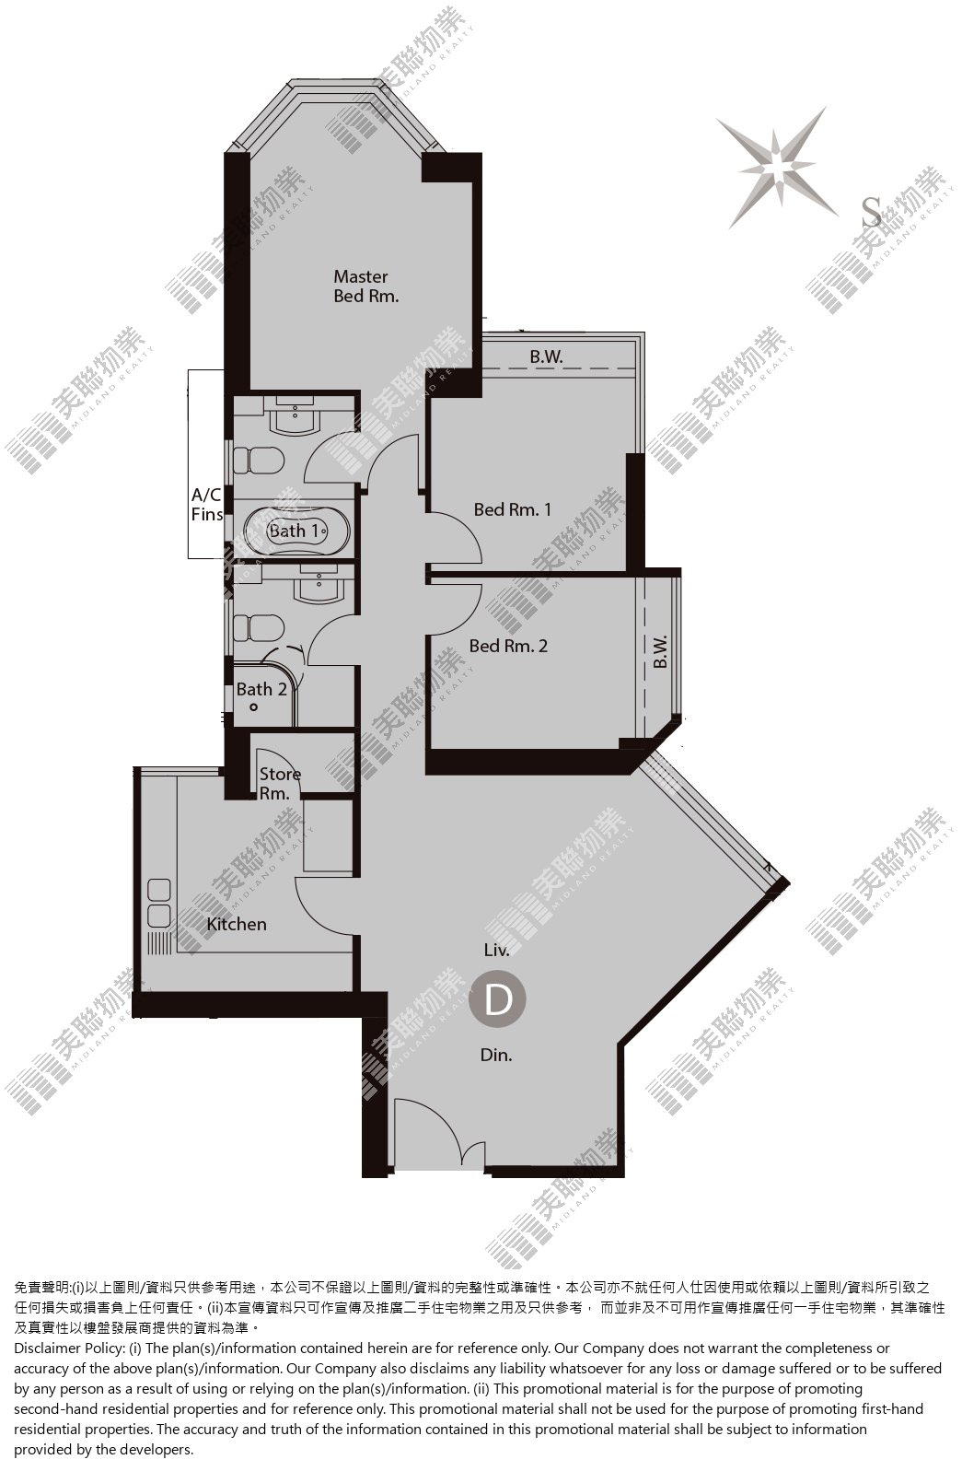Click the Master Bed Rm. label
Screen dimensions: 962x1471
365,286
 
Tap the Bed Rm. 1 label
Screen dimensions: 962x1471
513,509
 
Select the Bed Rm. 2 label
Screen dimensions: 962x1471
508,646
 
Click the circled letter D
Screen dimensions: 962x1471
497,999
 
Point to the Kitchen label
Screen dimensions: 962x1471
237,924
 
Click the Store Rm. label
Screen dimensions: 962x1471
280,784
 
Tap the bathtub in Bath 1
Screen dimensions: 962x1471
296,530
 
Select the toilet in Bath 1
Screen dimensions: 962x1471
259,461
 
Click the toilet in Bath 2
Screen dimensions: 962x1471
259,628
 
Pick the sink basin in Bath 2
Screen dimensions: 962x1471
319,586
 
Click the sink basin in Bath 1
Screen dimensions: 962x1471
296,416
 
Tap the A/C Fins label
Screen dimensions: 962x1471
207,505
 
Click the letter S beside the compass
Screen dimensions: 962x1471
871,212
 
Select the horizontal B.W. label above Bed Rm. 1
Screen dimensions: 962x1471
546,356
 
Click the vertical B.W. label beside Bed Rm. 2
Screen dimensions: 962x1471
661,651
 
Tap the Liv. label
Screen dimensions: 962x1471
497,950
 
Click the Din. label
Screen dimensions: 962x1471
496,1055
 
